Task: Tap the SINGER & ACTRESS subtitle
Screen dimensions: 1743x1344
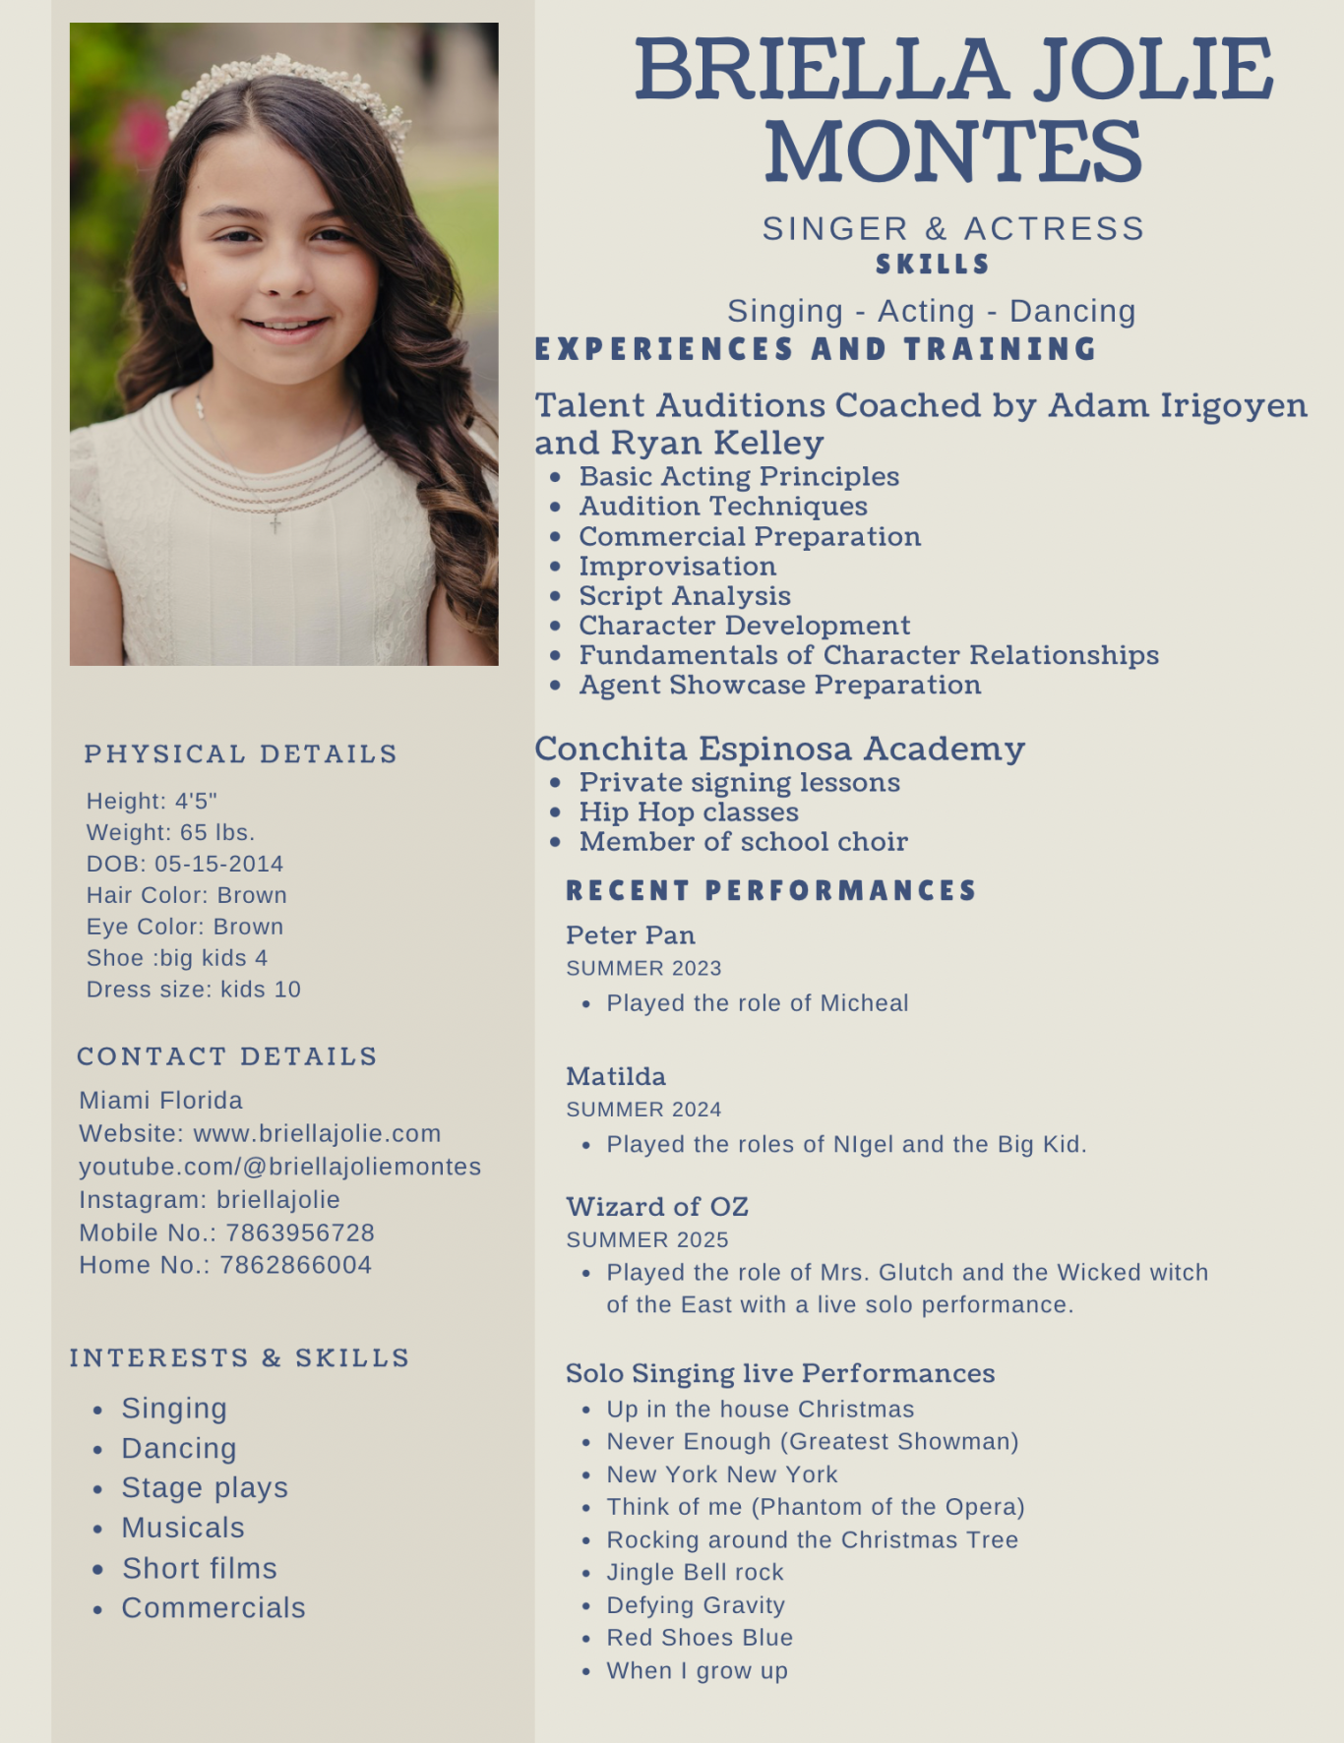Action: pyautogui.click(x=952, y=228)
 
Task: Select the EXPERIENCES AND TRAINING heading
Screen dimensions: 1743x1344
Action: pyautogui.click(x=816, y=349)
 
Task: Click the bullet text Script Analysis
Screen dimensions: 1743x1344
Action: pyautogui.click(x=685, y=596)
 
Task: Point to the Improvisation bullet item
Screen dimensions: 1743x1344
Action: pyautogui.click(x=677, y=567)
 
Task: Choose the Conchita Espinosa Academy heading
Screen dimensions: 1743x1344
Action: pyautogui.click(x=779, y=749)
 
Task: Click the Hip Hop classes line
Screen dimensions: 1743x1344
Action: pyautogui.click(x=689, y=812)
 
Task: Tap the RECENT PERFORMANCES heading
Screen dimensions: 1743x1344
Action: pyautogui.click(x=771, y=891)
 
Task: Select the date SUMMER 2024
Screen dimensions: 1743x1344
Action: pyautogui.click(x=643, y=1110)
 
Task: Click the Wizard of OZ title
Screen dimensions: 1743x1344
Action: pyautogui.click(x=657, y=1207)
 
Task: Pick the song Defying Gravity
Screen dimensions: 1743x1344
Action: pyautogui.click(x=696, y=1605)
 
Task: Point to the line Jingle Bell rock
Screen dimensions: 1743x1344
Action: pyautogui.click(x=695, y=1573)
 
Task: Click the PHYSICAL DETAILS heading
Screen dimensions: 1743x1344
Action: pyautogui.click(x=241, y=754)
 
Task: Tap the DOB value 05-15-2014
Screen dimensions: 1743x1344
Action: pyautogui.click(x=218, y=864)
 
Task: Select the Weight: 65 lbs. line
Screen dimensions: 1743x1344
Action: pyautogui.click(x=170, y=832)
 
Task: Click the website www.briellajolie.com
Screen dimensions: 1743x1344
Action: pyautogui.click(x=317, y=1133)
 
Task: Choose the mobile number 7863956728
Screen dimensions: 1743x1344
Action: pyautogui.click(x=300, y=1232)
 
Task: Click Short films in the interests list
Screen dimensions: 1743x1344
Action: pyautogui.click(x=199, y=1568)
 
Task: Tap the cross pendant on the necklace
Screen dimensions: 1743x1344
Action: pyautogui.click(x=275, y=523)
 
